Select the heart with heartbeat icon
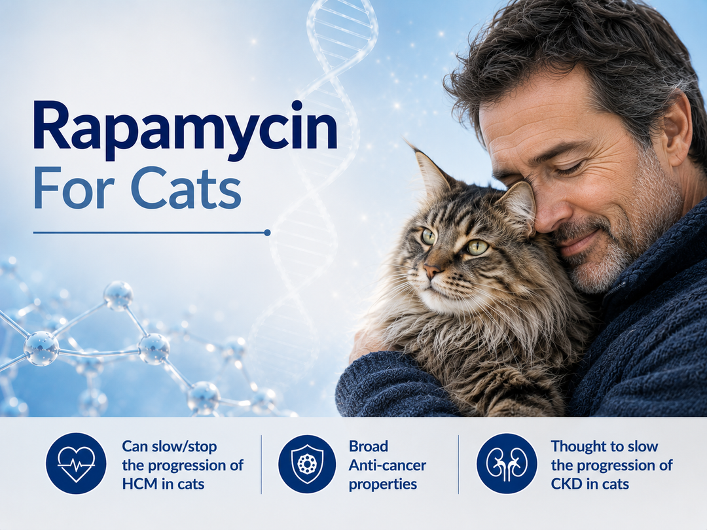(x=76, y=464)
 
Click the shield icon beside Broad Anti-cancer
(x=307, y=464)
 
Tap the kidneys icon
(x=507, y=464)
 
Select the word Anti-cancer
(x=388, y=465)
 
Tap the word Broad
(x=369, y=446)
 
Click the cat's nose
(x=432, y=270)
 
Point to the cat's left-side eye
(x=428, y=236)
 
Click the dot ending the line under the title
(x=267, y=232)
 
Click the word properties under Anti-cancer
(x=382, y=485)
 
